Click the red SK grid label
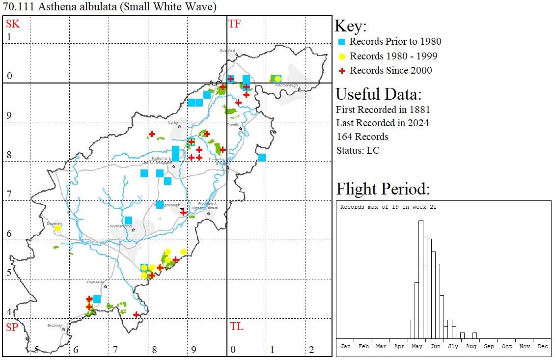click(x=13, y=24)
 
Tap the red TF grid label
click(x=234, y=24)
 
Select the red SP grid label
click(x=12, y=327)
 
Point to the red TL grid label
click(x=236, y=327)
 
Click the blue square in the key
click(x=342, y=42)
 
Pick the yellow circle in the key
click(x=342, y=56)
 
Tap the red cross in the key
click(x=342, y=71)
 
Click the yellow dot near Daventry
click(x=57, y=228)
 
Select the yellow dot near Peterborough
click(x=277, y=79)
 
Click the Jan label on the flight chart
click(x=346, y=346)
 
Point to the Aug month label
click(x=471, y=346)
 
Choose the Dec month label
click(x=543, y=346)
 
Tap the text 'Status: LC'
click(x=358, y=150)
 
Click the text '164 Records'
click(x=362, y=137)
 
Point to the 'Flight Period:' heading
click(x=383, y=189)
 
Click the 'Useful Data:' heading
click(x=378, y=94)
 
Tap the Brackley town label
click(x=55, y=325)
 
